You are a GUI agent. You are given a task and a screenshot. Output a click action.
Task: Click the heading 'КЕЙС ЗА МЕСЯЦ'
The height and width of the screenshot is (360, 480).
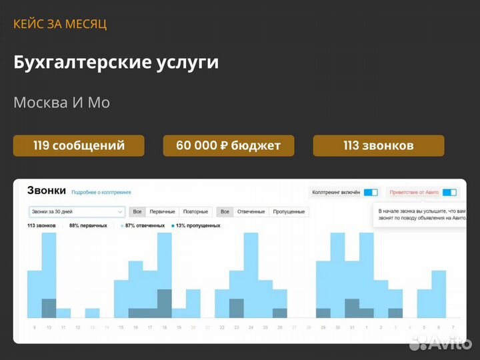(60, 24)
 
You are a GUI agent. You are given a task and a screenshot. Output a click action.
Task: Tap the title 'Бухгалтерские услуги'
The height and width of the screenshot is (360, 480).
(116, 63)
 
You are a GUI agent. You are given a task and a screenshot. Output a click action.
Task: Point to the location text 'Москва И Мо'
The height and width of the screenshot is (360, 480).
(61, 103)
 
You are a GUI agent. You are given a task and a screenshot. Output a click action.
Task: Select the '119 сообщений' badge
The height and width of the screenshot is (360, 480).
(79, 145)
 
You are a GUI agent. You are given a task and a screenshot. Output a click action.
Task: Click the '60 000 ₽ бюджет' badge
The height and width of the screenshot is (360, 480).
(228, 145)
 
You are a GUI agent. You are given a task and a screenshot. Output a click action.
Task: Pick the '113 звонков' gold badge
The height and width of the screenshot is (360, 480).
(378, 145)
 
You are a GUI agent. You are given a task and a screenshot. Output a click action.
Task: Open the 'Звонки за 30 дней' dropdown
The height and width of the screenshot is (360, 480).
(77, 211)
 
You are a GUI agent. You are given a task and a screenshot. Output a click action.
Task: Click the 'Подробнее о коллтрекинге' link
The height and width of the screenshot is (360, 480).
(101, 192)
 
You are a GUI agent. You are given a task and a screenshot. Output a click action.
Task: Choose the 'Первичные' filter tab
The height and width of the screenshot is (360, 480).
(162, 211)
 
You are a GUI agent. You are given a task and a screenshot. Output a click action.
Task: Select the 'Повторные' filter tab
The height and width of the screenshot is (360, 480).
(195, 211)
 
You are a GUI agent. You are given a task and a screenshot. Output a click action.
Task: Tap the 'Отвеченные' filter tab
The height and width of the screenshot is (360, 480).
(251, 211)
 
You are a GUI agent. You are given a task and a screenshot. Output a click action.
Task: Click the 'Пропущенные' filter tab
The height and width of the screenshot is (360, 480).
(289, 211)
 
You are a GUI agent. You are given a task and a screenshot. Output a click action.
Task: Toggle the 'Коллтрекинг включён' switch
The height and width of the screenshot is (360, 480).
(371, 192)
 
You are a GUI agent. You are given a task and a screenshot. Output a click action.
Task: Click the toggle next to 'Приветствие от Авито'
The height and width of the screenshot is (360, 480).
(449, 192)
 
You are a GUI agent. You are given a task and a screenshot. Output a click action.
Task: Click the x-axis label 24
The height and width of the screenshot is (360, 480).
(251, 327)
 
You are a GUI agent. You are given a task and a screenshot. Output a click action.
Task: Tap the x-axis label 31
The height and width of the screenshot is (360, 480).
(352, 327)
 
